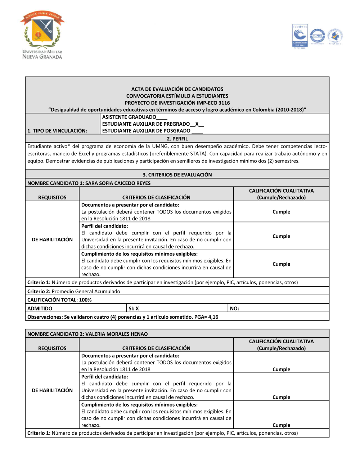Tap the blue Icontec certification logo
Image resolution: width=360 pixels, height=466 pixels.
coord(300,36)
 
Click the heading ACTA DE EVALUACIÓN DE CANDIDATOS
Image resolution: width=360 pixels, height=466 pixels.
coord(177,89)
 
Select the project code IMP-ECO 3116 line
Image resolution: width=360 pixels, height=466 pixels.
coord(177,103)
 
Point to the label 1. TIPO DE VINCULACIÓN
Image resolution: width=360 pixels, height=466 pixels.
coord(57,131)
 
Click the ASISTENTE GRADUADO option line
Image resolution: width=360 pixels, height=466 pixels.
coord(134,117)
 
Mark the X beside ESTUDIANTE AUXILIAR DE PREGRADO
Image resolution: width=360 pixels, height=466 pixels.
coord(197,124)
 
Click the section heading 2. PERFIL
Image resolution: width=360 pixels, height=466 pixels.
coord(177,139)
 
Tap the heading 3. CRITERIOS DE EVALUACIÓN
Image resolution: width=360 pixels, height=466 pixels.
coord(177,175)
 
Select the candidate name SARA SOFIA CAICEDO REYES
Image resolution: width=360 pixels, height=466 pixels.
coord(118,183)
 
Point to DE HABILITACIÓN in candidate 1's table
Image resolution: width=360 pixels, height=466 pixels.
coord(52,239)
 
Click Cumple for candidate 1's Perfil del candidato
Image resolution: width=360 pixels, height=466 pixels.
coord(281,236)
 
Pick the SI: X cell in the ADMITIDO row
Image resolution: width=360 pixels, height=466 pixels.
coord(134,308)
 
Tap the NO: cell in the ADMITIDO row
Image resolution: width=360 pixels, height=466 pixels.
coord(234,308)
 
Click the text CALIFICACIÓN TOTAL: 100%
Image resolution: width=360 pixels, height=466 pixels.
coord(59,300)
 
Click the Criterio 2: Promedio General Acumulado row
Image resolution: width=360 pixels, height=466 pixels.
coord(74,291)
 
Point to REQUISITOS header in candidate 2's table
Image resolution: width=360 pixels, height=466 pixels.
coord(52,348)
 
